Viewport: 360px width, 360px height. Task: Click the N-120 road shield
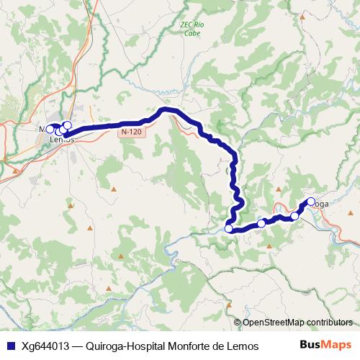[131, 132]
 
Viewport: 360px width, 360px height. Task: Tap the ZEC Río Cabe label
[192, 29]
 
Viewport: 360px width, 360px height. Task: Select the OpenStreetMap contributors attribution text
[297, 323]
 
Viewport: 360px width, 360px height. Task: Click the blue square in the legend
[9, 346]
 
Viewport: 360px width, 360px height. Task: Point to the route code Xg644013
[48, 346]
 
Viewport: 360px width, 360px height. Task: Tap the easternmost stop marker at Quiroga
[311, 202]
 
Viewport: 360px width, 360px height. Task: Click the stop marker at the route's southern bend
[229, 229]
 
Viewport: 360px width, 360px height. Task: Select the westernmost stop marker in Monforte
[50, 129]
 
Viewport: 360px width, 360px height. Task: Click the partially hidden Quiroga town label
[321, 204]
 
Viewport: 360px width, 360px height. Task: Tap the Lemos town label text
[63, 140]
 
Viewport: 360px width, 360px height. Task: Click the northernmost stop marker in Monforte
[67, 125]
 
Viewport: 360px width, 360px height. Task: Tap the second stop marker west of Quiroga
[261, 224]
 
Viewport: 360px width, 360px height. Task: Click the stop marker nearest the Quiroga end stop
[294, 216]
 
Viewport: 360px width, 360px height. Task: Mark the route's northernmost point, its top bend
[167, 109]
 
